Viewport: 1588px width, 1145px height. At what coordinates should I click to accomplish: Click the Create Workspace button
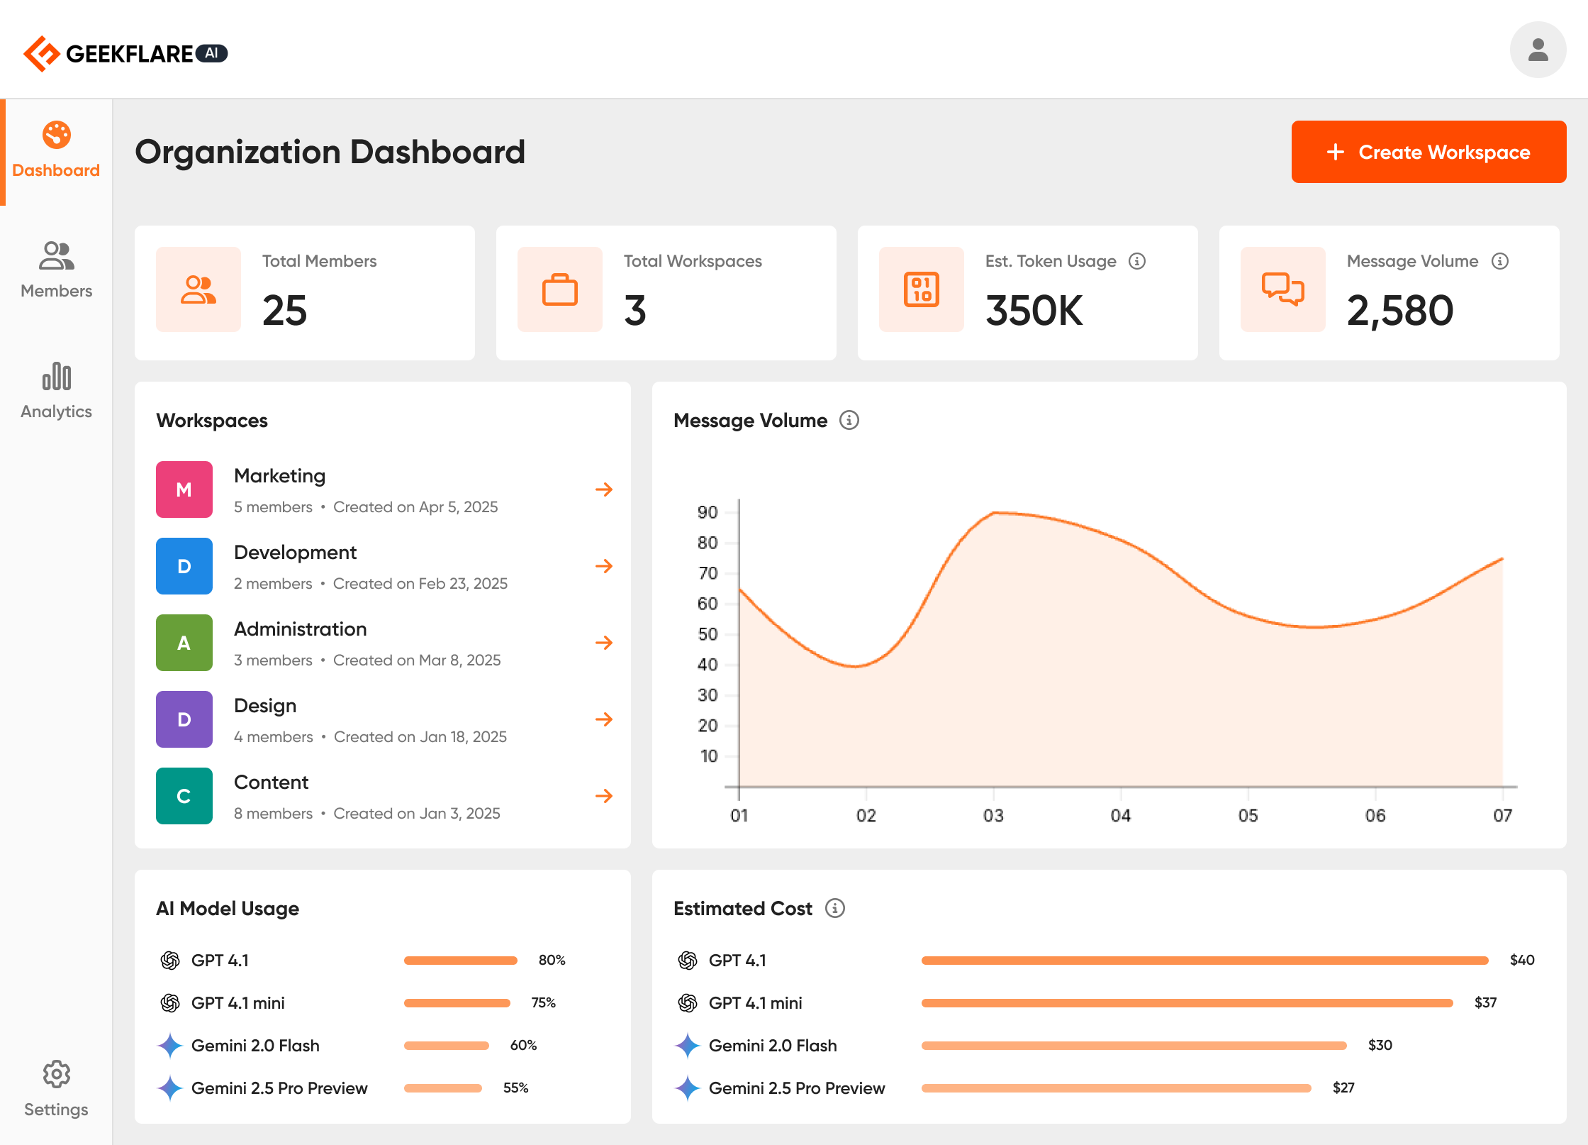tap(1428, 152)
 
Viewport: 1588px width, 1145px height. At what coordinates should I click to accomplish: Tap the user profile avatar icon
tap(1537, 50)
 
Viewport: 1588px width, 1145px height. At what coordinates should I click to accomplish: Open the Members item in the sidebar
tap(56, 270)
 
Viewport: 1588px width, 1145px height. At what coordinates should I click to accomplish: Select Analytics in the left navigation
tap(56, 390)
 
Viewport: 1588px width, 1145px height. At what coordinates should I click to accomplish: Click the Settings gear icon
tap(56, 1074)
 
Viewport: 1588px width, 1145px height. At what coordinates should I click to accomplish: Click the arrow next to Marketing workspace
tap(603, 489)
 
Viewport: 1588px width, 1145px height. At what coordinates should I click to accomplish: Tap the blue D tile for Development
tap(184, 566)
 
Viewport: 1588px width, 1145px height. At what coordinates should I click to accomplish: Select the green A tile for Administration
tap(184, 643)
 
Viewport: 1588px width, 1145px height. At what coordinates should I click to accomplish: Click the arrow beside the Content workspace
tap(603, 796)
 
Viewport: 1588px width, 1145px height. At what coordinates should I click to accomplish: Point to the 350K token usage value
tap(1034, 311)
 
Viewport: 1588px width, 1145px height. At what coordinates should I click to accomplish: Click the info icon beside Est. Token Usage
tap(1137, 261)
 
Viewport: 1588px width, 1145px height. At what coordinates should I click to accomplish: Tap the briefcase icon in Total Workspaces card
tap(560, 289)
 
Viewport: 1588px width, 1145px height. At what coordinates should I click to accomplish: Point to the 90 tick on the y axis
tap(708, 512)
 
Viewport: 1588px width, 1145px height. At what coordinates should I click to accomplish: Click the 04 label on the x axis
tap(1120, 816)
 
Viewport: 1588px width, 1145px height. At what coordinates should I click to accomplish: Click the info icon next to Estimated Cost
tap(835, 908)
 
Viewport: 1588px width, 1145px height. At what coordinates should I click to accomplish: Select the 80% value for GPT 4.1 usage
tap(552, 960)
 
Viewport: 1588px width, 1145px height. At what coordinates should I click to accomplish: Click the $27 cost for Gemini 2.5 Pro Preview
tap(1343, 1088)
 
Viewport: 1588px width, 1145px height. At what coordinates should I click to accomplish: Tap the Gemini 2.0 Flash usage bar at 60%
tap(447, 1045)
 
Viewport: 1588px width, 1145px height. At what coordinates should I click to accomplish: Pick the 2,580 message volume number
tap(1399, 311)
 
